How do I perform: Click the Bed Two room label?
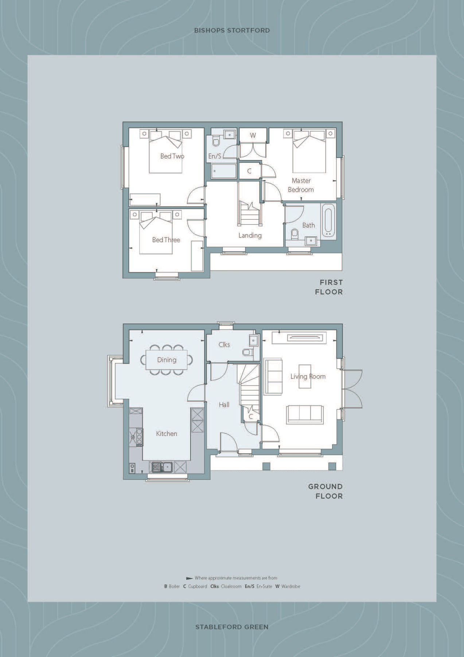point(172,156)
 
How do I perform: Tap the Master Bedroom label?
point(301,185)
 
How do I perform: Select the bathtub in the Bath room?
point(327,220)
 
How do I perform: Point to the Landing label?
point(250,235)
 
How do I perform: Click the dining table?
point(167,360)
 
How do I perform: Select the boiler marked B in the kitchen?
point(132,469)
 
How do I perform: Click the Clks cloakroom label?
point(224,345)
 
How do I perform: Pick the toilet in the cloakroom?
point(247,352)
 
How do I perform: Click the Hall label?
point(224,404)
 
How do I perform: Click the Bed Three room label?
point(166,240)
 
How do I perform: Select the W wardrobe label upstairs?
point(253,135)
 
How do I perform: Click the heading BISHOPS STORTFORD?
point(232,30)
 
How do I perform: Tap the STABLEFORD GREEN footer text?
point(232,627)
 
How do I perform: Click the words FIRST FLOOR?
point(329,287)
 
